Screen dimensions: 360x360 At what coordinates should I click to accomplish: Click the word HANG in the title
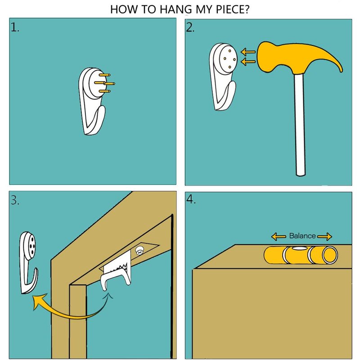(x=176, y=9)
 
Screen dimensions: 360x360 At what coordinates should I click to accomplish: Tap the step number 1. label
(x=15, y=27)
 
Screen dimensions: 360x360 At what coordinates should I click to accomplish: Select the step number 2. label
(x=190, y=27)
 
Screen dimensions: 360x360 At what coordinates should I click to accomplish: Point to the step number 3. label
(x=15, y=200)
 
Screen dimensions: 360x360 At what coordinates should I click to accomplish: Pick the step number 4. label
(x=191, y=199)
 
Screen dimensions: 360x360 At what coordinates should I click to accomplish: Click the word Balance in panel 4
(x=302, y=236)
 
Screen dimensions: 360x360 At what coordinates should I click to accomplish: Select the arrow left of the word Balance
(x=279, y=236)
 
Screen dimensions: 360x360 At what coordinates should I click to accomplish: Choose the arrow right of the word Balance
(x=324, y=236)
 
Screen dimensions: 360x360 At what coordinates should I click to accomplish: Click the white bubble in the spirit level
(x=298, y=248)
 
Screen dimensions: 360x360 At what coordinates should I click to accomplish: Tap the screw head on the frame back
(x=139, y=251)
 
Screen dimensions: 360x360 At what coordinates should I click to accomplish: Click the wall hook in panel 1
(x=94, y=101)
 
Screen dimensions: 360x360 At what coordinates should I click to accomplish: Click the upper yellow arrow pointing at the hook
(x=248, y=52)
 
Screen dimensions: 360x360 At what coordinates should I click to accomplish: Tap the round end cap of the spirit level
(x=330, y=255)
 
